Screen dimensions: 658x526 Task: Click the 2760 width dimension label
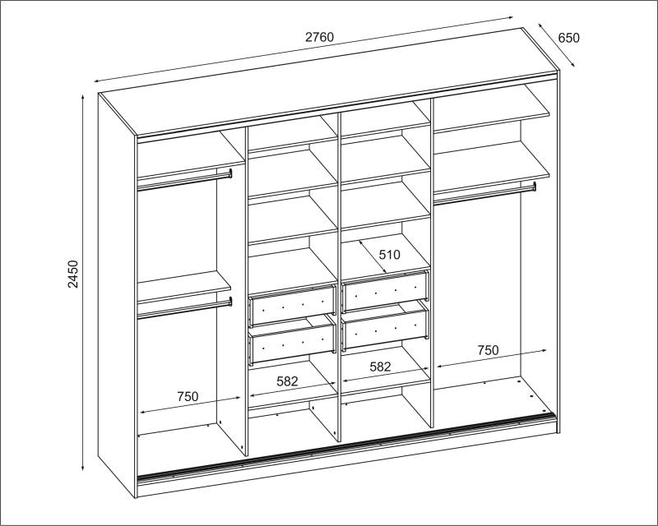[319, 37]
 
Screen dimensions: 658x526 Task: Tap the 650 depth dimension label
[568, 38]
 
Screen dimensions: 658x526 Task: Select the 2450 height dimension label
[73, 274]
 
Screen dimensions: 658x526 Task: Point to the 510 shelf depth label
[390, 255]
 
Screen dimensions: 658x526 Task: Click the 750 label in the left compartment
[188, 396]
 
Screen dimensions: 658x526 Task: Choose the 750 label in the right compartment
[488, 350]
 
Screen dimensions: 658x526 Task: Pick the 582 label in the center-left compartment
[287, 381]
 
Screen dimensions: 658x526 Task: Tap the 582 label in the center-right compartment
[380, 367]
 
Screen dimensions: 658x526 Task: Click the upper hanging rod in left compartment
[184, 181]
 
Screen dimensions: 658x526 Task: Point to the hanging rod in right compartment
[485, 195]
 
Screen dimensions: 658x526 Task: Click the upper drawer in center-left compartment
[293, 305]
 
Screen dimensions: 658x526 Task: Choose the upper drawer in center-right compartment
[386, 291]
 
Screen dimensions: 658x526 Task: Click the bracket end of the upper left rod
[230, 173]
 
